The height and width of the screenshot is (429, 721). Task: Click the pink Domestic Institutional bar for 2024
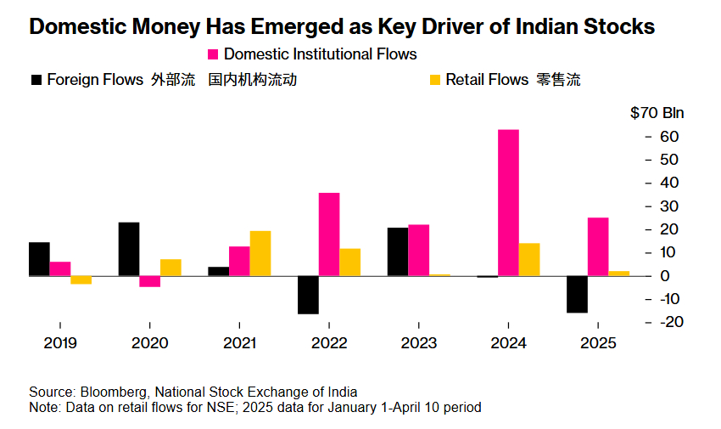[x=508, y=203]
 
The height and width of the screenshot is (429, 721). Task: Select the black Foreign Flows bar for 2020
[x=129, y=249]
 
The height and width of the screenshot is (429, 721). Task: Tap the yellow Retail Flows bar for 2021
[x=260, y=253]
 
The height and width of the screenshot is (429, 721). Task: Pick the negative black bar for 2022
[x=308, y=295]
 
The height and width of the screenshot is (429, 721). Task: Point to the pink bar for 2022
[x=329, y=234]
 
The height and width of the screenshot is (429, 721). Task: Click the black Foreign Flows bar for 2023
[x=397, y=251]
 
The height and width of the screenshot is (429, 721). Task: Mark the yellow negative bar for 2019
[x=81, y=279]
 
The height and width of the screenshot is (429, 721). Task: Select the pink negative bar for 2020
[x=150, y=281]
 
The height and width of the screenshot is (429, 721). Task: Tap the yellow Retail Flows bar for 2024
[x=529, y=259]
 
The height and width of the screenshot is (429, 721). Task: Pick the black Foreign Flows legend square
[x=36, y=80]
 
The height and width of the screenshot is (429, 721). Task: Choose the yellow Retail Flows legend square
[x=435, y=80]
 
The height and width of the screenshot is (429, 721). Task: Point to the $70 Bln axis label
[x=657, y=113]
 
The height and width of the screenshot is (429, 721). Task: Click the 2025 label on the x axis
[x=598, y=343]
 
